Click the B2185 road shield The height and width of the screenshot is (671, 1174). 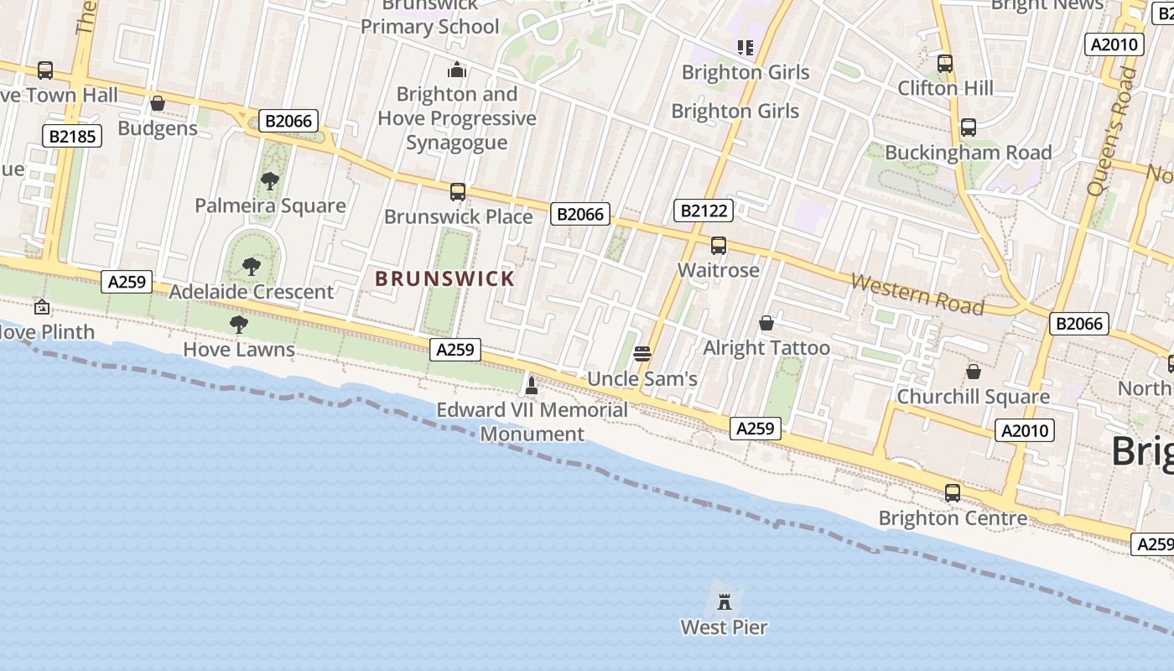tap(71, 136)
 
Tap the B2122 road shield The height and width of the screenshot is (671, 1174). tap(703, 211)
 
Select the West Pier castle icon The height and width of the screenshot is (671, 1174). tap(725, 601)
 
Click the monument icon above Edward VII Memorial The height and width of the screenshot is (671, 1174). tap(531, 386)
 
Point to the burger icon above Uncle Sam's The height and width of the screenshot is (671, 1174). tap(642, 354)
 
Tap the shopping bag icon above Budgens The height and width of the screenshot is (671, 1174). tap(157, 104)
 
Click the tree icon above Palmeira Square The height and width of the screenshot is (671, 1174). tap(269, 180)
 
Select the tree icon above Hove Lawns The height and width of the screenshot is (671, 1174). tap(239, 325)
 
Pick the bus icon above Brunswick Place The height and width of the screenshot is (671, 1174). tap(458, 192)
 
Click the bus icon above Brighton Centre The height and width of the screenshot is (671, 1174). tap(953, 493)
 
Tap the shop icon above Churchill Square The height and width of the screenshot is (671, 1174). tap(974, 371)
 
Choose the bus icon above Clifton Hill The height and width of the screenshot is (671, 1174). tap(945, 64)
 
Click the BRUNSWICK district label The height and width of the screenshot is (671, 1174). tap(444, 278)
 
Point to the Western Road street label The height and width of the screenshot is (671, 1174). tap(917, 294)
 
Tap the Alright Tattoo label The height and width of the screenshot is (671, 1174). tap(766, 348)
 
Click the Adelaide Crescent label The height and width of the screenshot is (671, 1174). tap(252, 292)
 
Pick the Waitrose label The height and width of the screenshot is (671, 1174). tap(719, 270)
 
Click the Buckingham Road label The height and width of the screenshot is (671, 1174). tap(968, 153)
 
